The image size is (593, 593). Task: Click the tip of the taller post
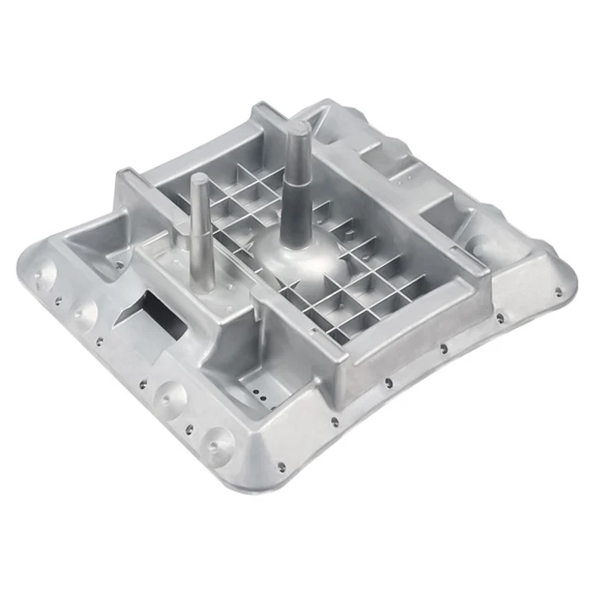pyautogui.click(x=298, y=128)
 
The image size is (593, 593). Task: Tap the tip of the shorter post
pyautogui.click(x=198, y=179)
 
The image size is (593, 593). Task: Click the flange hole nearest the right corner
pyautogui.click(x=557, y=291)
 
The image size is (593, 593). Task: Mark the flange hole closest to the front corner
pyautogui.click(x=279, y=463)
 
